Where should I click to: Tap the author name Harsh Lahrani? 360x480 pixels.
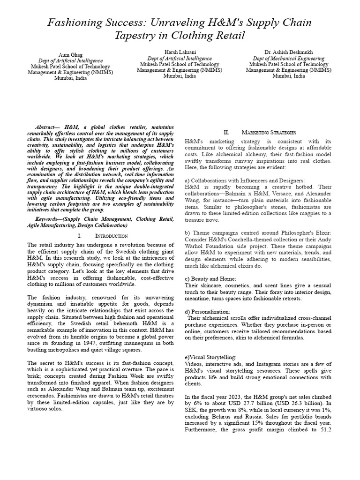(180, 52)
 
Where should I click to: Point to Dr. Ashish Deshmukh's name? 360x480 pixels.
(288, 52)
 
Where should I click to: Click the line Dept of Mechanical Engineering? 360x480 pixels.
(288, 58)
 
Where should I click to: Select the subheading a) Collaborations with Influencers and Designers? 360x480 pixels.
(245, 180)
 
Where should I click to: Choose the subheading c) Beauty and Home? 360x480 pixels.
(210, 279)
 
